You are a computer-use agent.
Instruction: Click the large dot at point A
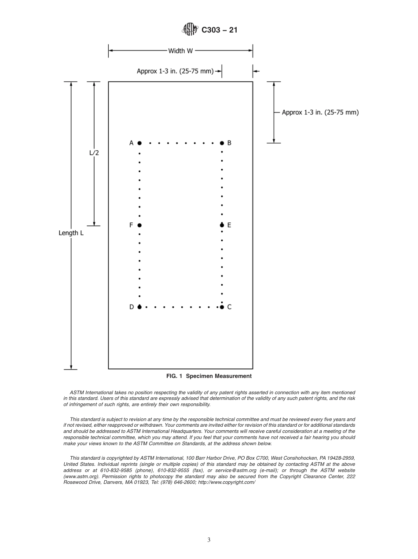click(x=139, y=143)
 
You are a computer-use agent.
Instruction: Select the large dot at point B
click(x=222, y=143)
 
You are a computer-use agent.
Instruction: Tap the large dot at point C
click(x=222, y=307)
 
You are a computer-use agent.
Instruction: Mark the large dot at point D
click(x=139, y=307)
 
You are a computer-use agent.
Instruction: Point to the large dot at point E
click(x=222, y=225)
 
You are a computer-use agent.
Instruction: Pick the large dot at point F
click(x=139, y=225)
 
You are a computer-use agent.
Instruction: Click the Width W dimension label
click(x=180, y=51)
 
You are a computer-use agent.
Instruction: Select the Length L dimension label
click(x=71, y=233)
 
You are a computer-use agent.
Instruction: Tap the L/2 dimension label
click(x=94, y=153)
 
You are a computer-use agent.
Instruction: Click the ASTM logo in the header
click(x=190, y=30)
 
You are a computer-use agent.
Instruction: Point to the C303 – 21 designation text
click(x=219, y=30)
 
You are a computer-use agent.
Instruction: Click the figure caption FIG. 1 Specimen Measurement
click(x=209, y=376)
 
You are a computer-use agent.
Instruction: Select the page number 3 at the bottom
click(x=209, y=540)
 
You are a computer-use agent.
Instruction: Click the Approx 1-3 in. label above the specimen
click(x=175, y=70)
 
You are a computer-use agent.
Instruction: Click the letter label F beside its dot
click(x=131, y=225)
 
